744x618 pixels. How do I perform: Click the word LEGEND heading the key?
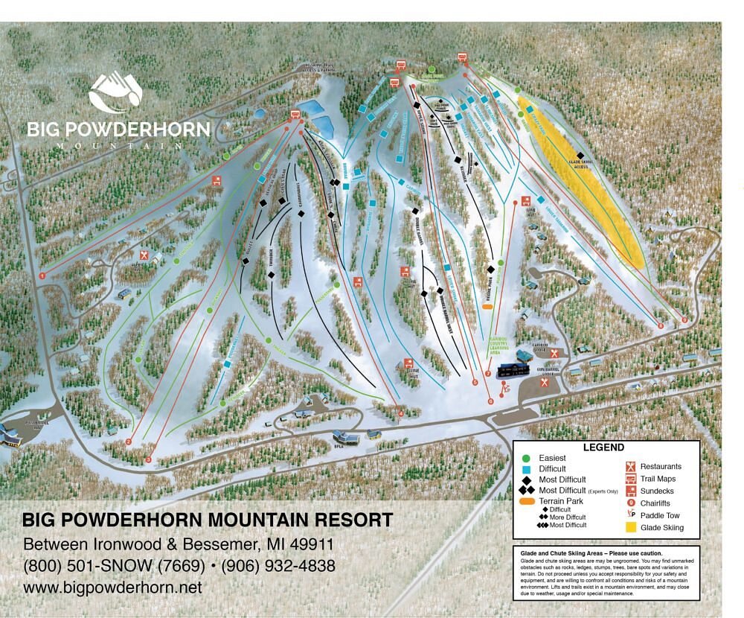click(603, 447)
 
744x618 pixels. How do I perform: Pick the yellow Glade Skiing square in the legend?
click(631, 528)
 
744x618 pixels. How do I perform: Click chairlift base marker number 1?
click(42, 275)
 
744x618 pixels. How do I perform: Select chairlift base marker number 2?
click(129, 442)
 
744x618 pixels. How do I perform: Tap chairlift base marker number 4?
click(400, 413)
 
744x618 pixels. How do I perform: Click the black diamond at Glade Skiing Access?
click(580, 155)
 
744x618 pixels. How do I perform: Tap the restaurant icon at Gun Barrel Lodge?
click(545, 382)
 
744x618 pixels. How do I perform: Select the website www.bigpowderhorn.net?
click(112, 587)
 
